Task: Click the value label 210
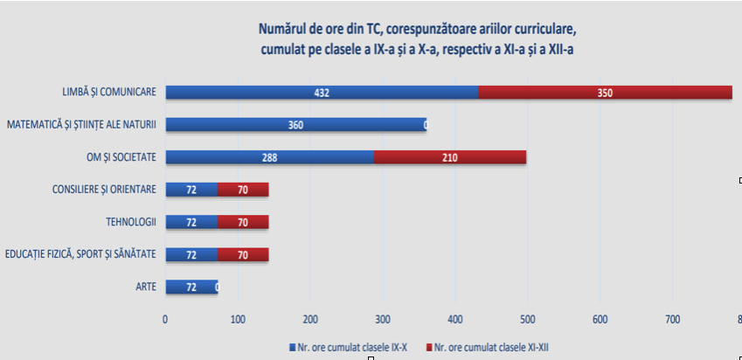pos(449,157)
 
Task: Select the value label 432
pos(322,92)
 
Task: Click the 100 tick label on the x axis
pos(238,320)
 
